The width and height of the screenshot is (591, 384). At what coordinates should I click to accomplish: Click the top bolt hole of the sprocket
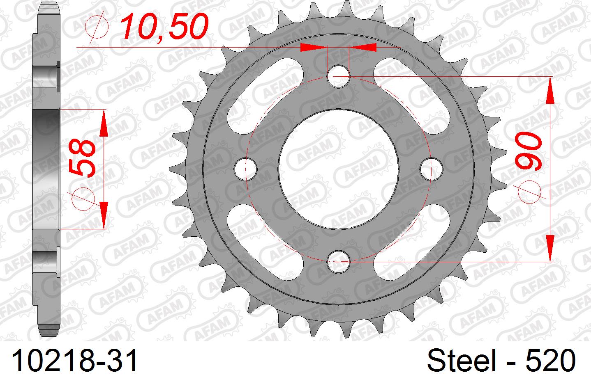coord(338,76)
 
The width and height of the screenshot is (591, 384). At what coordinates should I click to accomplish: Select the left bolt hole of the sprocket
coord(245,169)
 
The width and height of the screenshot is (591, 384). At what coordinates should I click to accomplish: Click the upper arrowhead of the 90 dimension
coord(550,90)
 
